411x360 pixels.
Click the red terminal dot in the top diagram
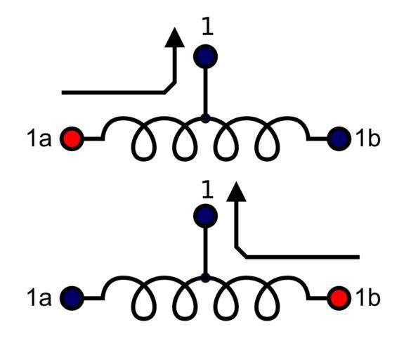pyautogui.click(x=72, y=139)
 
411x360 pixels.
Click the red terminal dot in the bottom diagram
pyautogui.click(x=339, y=298)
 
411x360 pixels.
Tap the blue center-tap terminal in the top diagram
pyautogui.click(x=205, y=56)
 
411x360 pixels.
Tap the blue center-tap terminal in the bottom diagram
pyautogui.click(x=205, y=216)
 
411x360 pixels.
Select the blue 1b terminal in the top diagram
pyautogui.click(x=339, y=139)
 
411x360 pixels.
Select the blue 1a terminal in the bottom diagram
pyautogui.click(x=72, y=298)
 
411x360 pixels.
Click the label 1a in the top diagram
pyautogui.click(x=39, y=139)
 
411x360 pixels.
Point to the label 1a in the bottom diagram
pyautogui.click(x=39, y=298)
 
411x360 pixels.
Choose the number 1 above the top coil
pyautogui.click(x=207, y=26)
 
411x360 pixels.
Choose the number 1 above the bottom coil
pyautogui.click(x=207, y=189)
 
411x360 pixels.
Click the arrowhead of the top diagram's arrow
pyautogui.click(x=174, y=37)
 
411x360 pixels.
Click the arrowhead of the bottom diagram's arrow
pyautogui.click(x=236, y=191)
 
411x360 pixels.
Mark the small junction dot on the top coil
pyautogui.click(x=205, y=119)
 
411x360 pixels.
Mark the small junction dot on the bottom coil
pyautogui.click(x=205, y=278)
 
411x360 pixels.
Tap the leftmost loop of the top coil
pyautogui.click(x=132, y=147)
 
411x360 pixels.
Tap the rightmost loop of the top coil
pyautogui.click(x=278, y=147)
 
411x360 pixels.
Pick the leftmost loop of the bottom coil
pyautogui.click(x=132, y=307)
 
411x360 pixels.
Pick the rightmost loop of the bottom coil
pyautogui.click(x=278, y=307)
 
